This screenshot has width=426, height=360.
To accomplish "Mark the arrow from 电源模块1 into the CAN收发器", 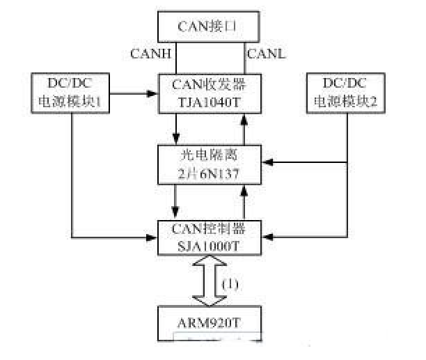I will [x=132, y=91].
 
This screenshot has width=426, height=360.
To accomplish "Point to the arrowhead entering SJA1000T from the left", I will [x=152, y=237].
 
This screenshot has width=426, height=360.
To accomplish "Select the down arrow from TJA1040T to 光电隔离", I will [x=177, y=128].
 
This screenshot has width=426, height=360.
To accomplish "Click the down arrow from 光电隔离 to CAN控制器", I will [x=177, y=201].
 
